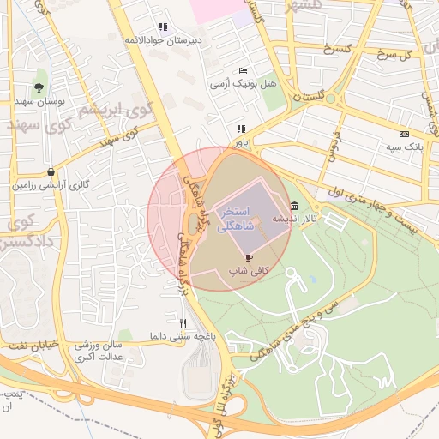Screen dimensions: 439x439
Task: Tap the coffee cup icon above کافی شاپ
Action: (x=249, y=256)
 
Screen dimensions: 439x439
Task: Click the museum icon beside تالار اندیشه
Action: (x=295, y=206)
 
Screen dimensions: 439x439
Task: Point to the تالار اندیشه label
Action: (x=290, y=219)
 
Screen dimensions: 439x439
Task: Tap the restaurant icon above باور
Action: (x=241, y=129)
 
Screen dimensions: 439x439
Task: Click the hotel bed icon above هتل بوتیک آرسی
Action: (x=244, y=70)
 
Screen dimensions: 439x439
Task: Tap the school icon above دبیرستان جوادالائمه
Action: (x=163, y=27)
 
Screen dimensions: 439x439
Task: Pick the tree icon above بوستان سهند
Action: (x=39, y=87)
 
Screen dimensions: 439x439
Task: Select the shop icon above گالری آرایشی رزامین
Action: (x=52, y=171)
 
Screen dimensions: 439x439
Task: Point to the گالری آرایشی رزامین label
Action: (x=51, y=184)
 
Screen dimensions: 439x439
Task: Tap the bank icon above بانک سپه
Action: (x=404, y=134)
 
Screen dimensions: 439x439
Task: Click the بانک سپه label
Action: (x=404, y=147)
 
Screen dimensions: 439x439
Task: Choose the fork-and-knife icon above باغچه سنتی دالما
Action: (x=182, y=323)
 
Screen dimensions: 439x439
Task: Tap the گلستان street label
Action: (x=309, y=98)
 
